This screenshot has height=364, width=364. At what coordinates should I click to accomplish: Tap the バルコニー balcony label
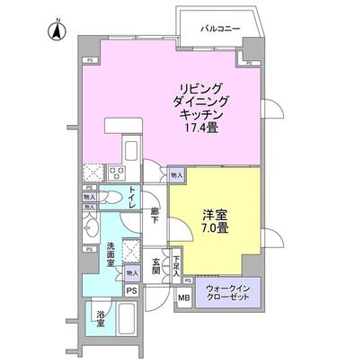point(221,30)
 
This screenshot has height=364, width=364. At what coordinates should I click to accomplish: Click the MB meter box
point(183,298)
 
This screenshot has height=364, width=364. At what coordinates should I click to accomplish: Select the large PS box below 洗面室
point(132,291)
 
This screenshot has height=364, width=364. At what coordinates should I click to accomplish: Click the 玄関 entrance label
point(155,266)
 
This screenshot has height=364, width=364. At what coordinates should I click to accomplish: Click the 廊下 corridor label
point(155,215)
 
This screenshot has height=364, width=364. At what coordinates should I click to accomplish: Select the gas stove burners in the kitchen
point(117,171)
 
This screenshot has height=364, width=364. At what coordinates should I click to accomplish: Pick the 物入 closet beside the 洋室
point(176,176)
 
